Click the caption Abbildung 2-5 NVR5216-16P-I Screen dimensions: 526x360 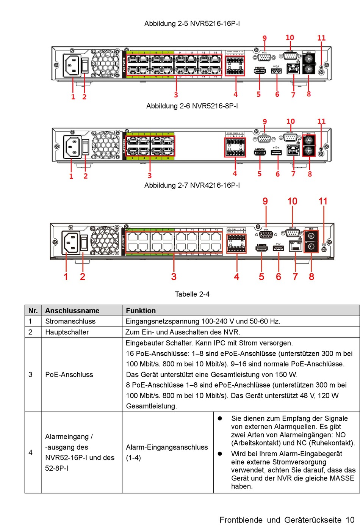192,24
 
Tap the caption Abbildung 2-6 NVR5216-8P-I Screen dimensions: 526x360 192,106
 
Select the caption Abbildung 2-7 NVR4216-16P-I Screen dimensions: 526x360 192,185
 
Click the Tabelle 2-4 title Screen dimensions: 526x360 192,294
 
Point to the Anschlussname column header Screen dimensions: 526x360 72,311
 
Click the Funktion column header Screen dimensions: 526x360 141,311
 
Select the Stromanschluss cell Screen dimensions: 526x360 70,321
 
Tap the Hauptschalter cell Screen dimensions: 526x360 67,332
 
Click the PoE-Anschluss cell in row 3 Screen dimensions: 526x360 69,374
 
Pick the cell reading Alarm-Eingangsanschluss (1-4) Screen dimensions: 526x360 167,452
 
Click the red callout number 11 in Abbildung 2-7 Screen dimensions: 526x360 323,201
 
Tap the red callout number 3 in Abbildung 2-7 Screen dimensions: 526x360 174,276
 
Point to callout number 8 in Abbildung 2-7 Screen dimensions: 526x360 311,276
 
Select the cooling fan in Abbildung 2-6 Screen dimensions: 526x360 105,145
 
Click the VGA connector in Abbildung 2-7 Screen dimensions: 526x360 266,235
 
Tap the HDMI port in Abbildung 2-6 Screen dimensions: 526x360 260,152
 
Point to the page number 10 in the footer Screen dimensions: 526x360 350,520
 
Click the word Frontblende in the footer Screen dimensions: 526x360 241,520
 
